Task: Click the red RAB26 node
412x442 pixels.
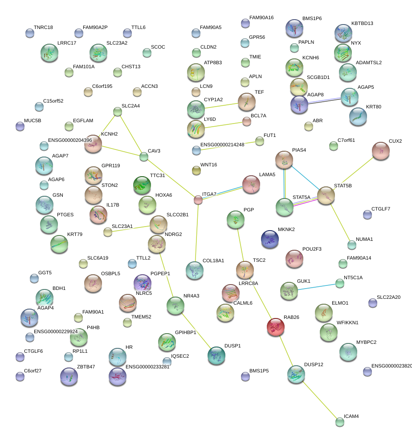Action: pos(275,327)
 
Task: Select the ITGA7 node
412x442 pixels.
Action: pos(198,200)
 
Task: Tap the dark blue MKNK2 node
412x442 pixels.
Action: pos(269,239)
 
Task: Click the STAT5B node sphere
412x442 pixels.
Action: pos(326,196)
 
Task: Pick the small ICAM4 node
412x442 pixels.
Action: pos(340,421)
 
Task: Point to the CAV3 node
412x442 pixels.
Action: pos(143,157)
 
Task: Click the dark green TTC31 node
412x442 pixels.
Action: pos(142,185)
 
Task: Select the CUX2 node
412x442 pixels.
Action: pos(381,151)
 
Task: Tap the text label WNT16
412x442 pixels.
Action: pos(208,165)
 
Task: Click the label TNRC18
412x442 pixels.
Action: pos(43,28)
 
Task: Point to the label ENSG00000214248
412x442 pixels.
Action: pos(222,145)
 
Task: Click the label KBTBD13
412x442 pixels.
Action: pos(362,24)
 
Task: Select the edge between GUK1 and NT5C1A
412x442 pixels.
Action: pos(316,286)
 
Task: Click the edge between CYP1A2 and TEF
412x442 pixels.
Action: pos(220,105)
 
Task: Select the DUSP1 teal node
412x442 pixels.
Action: pos(216,355)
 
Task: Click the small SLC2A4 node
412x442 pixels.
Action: pos(117,112)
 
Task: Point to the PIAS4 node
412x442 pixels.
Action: pos(284,160)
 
